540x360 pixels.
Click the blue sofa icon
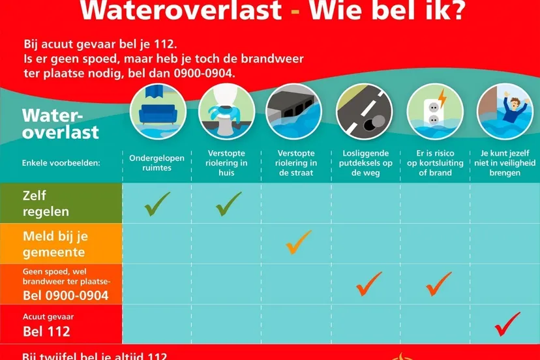point(158,111)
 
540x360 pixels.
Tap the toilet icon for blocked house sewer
point(226,111)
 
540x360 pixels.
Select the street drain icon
point(295,111)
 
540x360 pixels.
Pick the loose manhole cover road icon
point(365,111)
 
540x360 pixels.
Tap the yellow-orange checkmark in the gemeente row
point(298,242)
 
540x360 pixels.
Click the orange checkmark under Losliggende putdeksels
point(368,283)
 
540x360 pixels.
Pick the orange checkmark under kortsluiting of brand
point(438,283)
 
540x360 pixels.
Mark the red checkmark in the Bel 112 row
point(507,323)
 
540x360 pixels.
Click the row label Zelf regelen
point(46,203)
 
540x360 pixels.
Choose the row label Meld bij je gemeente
point(54,243)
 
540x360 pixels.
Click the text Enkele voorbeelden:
point(61,162)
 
